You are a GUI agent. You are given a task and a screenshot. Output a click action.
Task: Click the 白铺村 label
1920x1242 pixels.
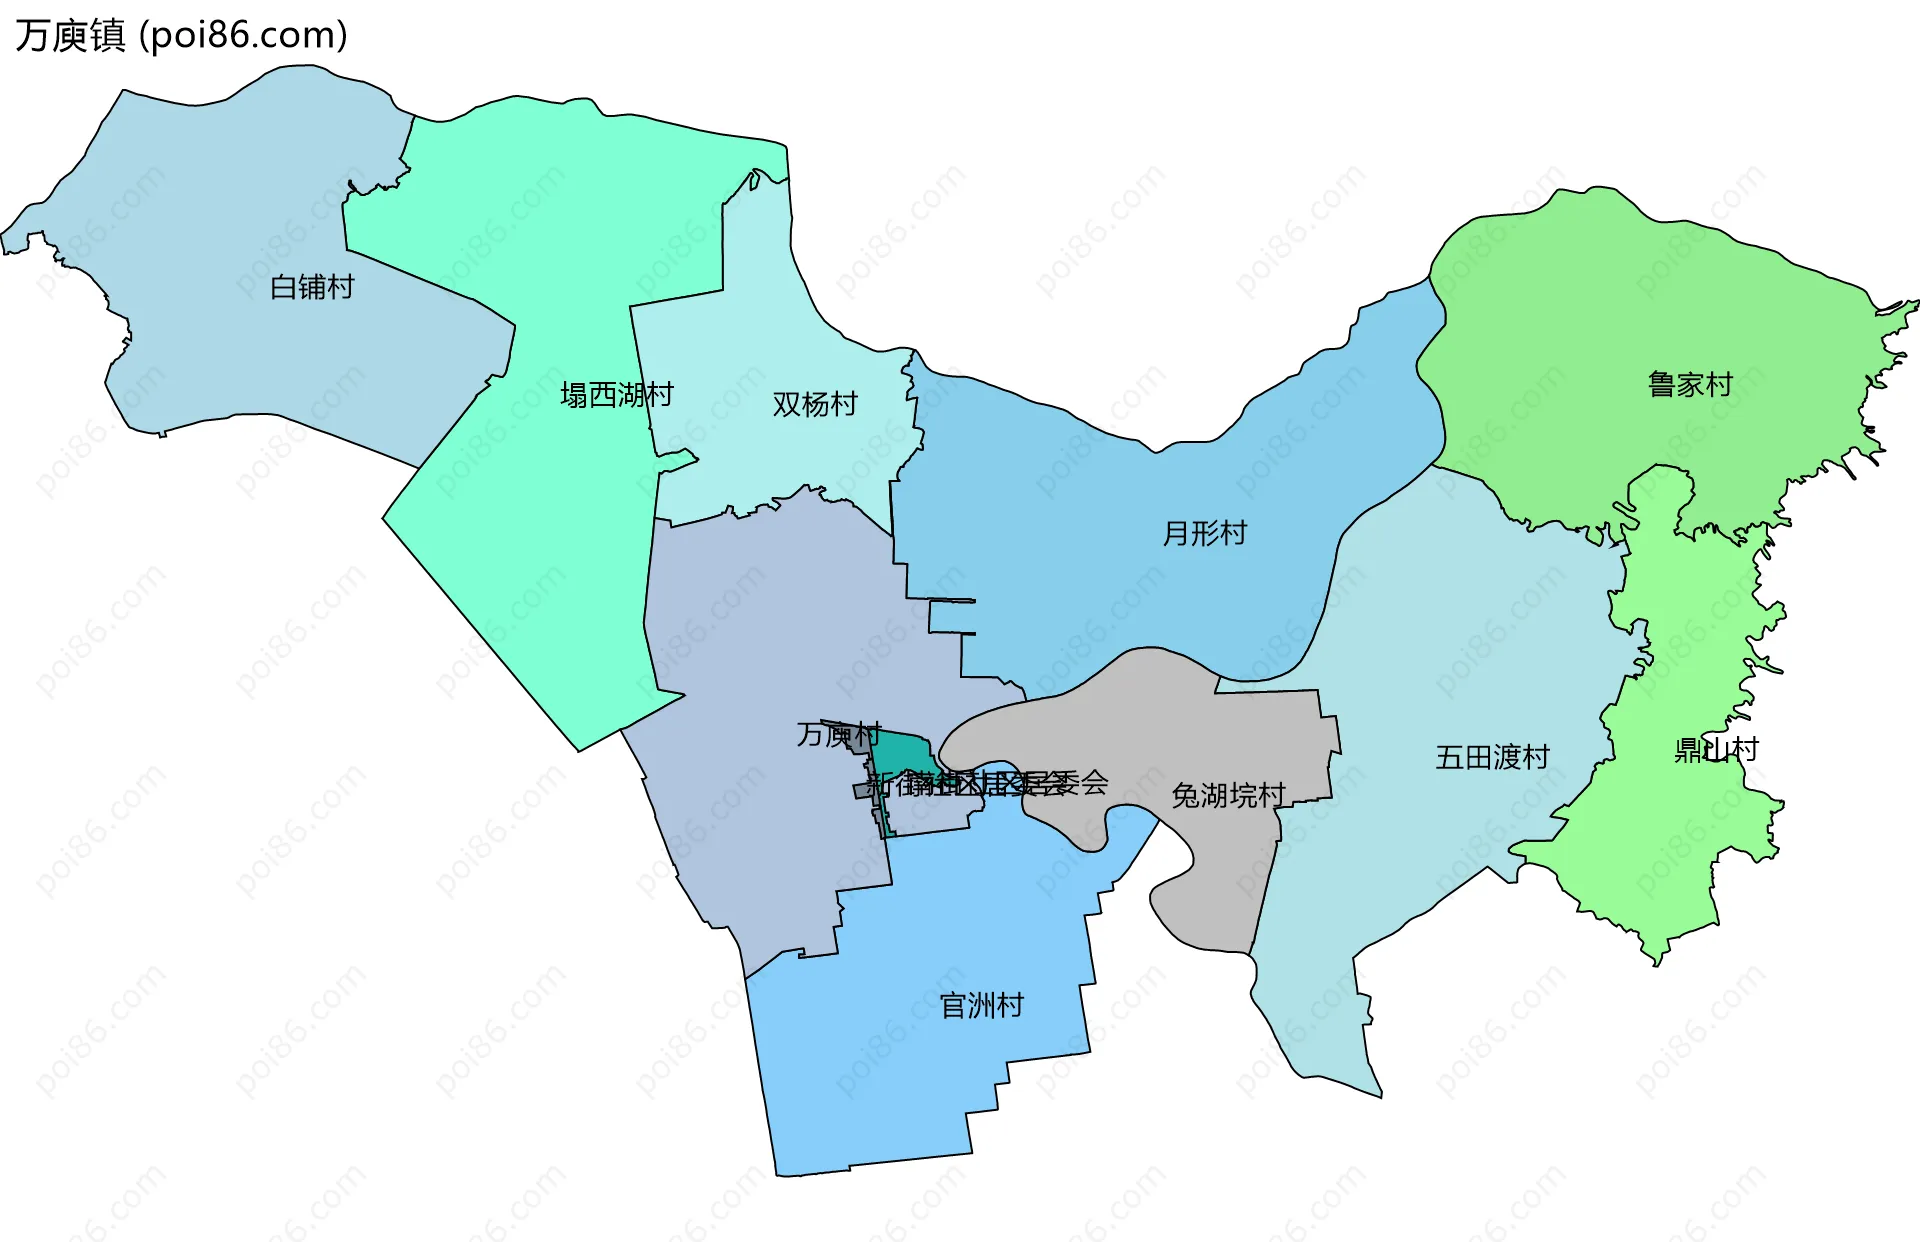(x=312, y=287)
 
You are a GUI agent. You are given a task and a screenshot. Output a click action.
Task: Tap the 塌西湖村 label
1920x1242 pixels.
(x=616, y=395)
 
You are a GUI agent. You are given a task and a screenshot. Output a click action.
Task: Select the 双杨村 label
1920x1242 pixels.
(x=815, y=404)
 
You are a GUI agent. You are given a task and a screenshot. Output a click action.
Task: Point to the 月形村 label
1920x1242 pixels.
(x=1204, y=533)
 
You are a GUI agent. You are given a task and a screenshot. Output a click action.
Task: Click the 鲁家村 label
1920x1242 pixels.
(x=1690, y=384)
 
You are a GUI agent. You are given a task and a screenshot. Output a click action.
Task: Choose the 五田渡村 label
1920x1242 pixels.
(x=1492, y=757)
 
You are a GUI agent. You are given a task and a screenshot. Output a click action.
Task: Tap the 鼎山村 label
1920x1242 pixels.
(x=1716, y=749)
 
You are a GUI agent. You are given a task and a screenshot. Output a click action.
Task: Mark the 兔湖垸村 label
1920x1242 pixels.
(x=1228, y=795)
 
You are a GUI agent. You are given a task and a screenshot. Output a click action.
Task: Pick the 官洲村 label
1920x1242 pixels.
(x=982, y=1005)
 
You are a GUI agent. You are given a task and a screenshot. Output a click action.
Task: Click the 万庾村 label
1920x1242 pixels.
(x=838, y=734)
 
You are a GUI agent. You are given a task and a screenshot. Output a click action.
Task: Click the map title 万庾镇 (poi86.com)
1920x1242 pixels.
(x=181, y=35)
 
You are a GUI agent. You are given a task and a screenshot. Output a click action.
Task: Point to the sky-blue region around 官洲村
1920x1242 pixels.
(x=900, y=1080)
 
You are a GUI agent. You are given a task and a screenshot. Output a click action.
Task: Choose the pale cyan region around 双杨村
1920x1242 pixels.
(x=760, y=330)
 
